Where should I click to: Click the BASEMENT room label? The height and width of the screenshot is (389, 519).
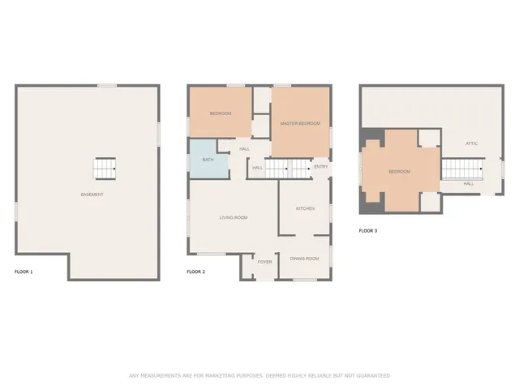(92, 194)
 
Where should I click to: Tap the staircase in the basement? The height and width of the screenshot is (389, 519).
(105, 169)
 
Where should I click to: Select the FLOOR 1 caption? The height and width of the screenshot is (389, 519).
(24, 271)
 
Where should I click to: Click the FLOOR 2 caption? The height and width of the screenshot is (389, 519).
(195, 271)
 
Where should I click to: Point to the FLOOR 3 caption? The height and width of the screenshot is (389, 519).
(367, 230)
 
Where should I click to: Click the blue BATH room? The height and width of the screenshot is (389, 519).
(208, 160)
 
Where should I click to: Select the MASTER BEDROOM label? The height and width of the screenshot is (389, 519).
(300, 123)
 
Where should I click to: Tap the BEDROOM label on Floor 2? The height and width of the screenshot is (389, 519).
(220, 113)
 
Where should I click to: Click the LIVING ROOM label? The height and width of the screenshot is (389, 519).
(234, 217)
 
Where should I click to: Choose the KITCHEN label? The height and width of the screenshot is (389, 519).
(305, 209)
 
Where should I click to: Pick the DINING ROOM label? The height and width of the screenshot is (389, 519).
(304, 259)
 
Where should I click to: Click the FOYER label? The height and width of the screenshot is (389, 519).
(264, 262)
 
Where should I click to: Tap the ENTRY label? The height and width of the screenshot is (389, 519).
(320, 167)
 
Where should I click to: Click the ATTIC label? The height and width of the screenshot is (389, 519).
(471, 143)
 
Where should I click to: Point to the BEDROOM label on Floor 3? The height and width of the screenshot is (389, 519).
(399, 172)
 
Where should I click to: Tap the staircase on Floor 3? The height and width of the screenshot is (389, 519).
(461, 169)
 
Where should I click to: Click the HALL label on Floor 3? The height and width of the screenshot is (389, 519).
(469, 184)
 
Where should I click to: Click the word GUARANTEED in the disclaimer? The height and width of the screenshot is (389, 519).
(369, 375)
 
